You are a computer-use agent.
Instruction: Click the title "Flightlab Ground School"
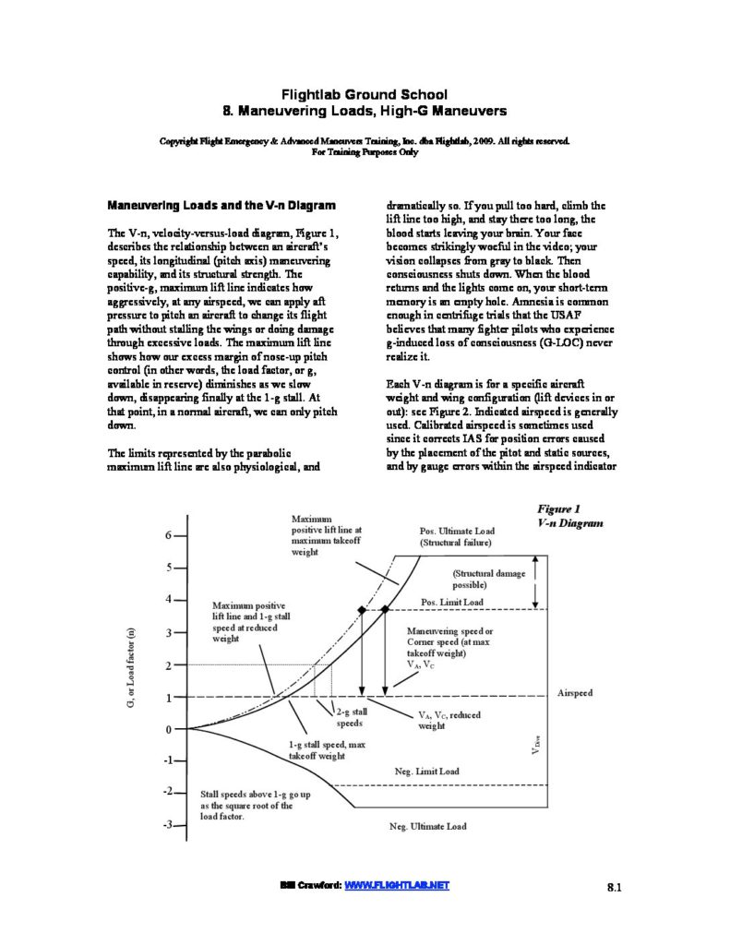[365, 94]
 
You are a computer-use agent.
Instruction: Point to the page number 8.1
[616, 888]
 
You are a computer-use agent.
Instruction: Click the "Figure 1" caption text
[557, 508]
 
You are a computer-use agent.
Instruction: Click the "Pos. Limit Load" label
[451, 602]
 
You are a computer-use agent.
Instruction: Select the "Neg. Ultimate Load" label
[428, 826]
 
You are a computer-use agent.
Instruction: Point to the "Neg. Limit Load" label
[420, 771]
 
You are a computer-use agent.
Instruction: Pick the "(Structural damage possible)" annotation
[488, 579]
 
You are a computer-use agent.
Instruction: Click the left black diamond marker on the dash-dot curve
[362, 609]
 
